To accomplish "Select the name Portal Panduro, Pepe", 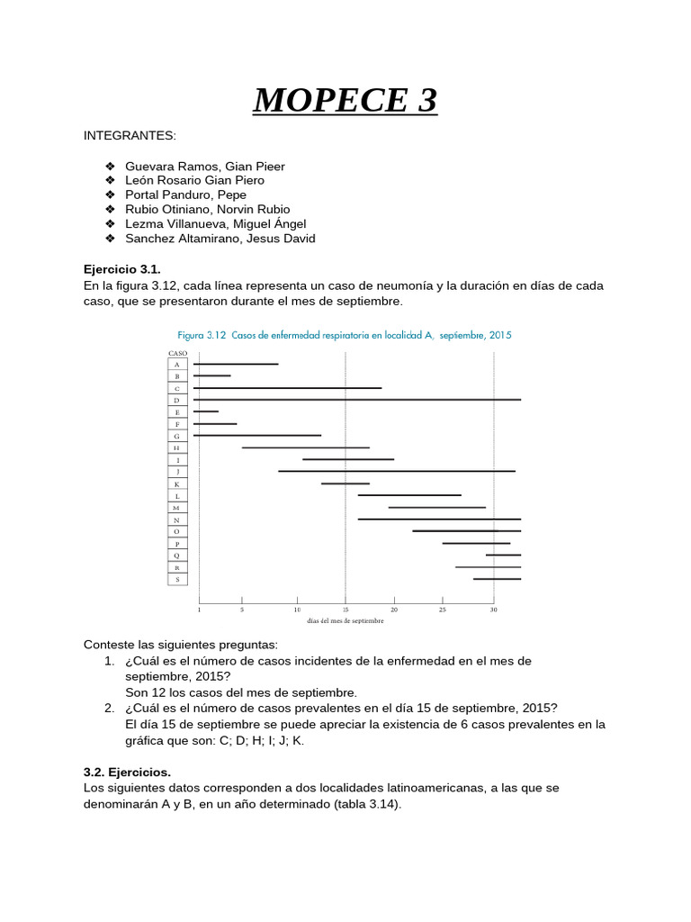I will (185, 194).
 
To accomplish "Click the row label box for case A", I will (177, 364).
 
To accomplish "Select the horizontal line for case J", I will (396, 471).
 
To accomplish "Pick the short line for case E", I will (206, 411).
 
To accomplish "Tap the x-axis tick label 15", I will (345, 610).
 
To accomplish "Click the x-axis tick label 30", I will (493, 610).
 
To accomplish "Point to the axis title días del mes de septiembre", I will (345, 620).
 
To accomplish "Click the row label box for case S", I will (177, 579).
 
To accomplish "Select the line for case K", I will (345, 484).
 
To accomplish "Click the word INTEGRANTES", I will (130, 135).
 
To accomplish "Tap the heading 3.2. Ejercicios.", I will (127, 773).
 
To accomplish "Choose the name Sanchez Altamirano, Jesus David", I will (220, 239).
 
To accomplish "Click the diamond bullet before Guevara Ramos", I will (110, 167).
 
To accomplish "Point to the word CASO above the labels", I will (177, 354).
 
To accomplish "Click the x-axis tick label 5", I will (242, 610).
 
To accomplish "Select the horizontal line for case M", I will (436, 507).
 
